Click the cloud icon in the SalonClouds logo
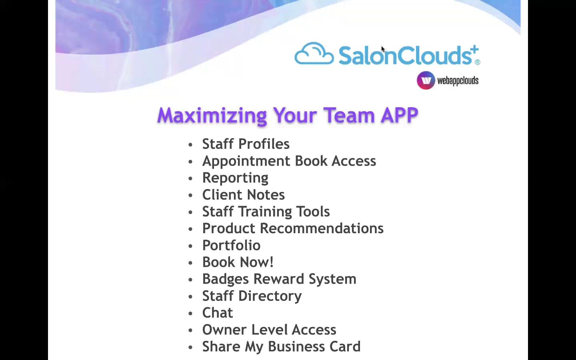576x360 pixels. pyautogui.click(x=314, y=54)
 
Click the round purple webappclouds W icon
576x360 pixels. pyautogui.click(x=426, y=80)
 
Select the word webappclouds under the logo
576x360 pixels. pyautogui.click(x=458, y=81)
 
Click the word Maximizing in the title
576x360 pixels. pyautogui.click(x=212, y=116)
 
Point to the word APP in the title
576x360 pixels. pyautogui.click(x=399, y=116)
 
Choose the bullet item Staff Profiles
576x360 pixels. pyautogui.click(x=246, y=144)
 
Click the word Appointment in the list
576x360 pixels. pyautogui.click(x=246, y=161)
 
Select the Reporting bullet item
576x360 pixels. pyautogui.click(x=235, y=178)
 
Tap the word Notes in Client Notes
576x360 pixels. pyautogui.click(x=266, y=195)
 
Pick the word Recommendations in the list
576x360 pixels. pyautogui.click(x=322, y=228)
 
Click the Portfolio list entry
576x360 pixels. pyautogui.click(x=231, y=245)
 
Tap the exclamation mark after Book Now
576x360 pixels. pyautogui.click(x=272, y=262)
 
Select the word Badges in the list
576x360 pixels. pyautogui.click(x=225, y=279)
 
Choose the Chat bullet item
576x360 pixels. pyautogui.click(x=217, y=313)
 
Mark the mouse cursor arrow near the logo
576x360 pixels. pyautogui.click(x=383, y=49)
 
